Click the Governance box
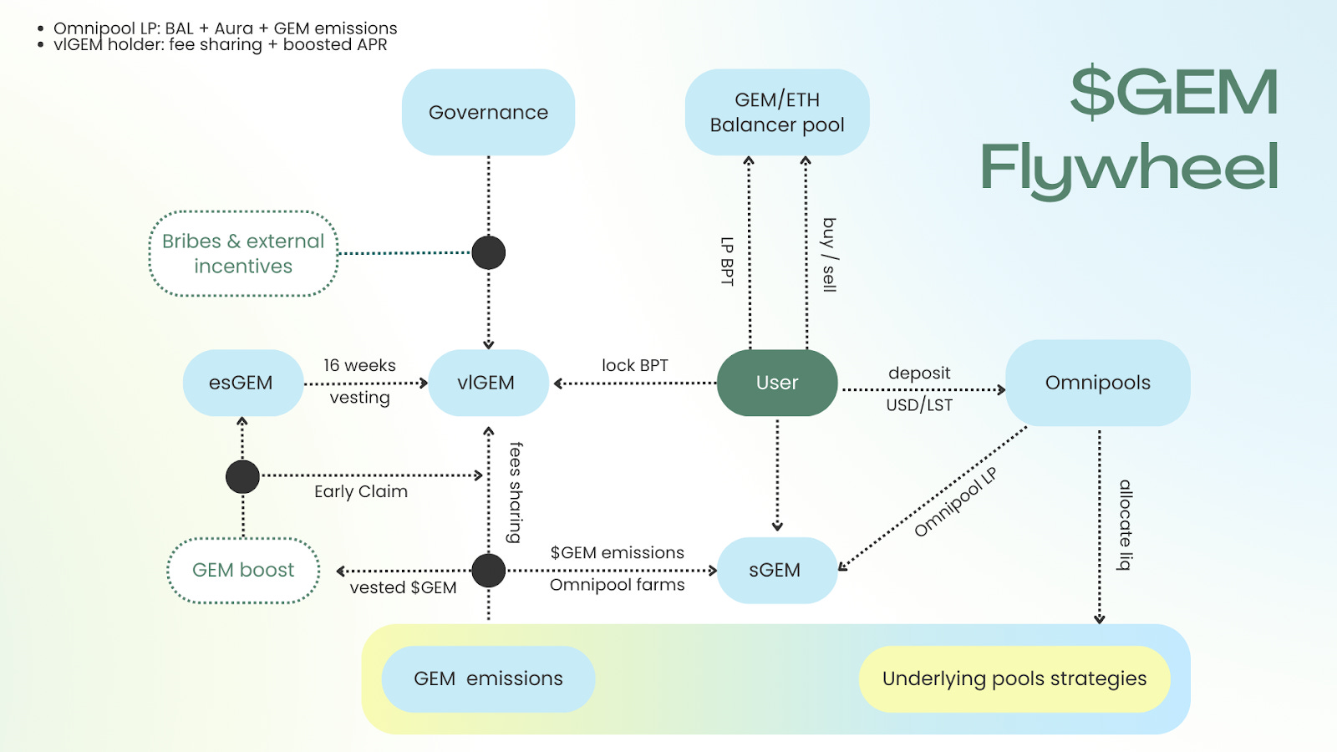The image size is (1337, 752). (x=488, y=112)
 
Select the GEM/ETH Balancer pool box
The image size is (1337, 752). (x=777, y=112)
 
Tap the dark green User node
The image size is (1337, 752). (x=777, y=383)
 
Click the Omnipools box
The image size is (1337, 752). (x=1097, y=383)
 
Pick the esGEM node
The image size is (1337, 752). (x=241, y=383)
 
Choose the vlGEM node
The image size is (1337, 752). (x=487, y=383)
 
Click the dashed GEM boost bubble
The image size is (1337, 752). (x=243, y=570)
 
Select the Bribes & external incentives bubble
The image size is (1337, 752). (x=243, y=253)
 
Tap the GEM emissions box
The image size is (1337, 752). (x=488, y=678)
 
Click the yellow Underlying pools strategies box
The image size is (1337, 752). (x=1014, y=678)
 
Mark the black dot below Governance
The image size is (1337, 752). (x=489, y=252)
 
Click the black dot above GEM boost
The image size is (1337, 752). (x=242, y=476)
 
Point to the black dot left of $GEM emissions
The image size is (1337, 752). (x=489, y=571)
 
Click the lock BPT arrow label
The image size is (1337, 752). (x=635, y=365)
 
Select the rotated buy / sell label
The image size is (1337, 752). (x=829, y=255)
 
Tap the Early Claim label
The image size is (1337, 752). (x=361, y=491)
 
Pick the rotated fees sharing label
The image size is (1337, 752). (x=516, y=492)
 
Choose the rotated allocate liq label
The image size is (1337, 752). (x=1126, y=525)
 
